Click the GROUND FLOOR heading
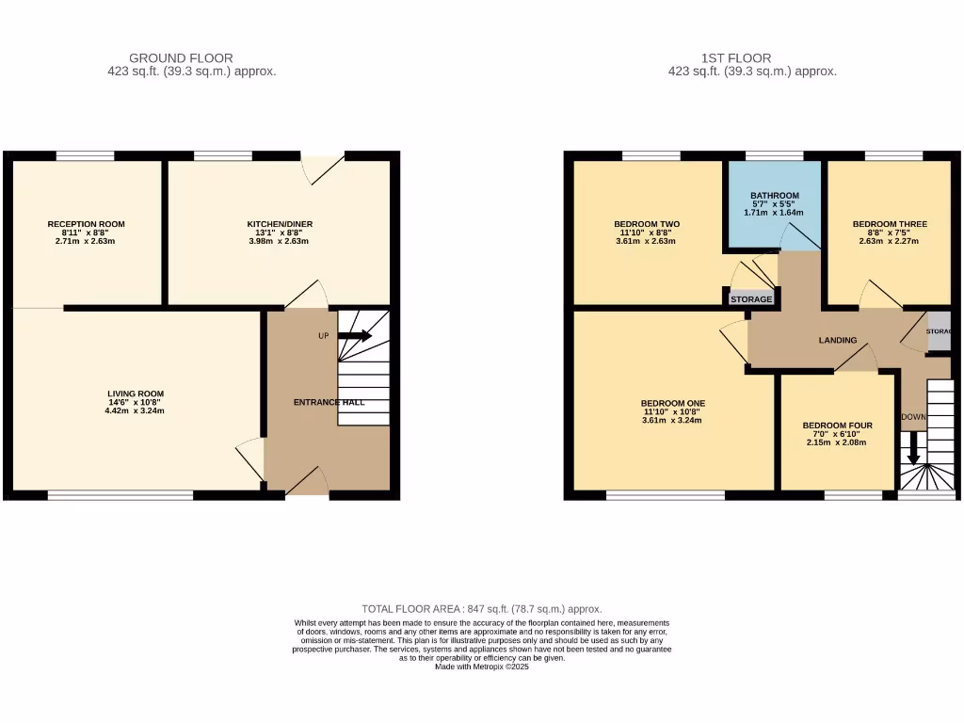point(181,58)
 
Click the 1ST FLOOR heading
point(723,58)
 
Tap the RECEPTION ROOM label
point(87,224)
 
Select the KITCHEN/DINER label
point(280,224)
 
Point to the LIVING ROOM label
point(137,394)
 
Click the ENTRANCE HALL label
point(329,402)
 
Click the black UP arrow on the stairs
point(355,335)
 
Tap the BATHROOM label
point(775,196)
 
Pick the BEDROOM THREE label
point(890,224)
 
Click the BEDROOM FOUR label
point(837,426)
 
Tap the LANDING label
point(837,340)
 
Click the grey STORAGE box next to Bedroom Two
point(751,298)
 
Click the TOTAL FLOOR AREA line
point(482,609)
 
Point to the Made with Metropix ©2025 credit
point(482,667)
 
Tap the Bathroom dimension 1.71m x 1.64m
point(775,213)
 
